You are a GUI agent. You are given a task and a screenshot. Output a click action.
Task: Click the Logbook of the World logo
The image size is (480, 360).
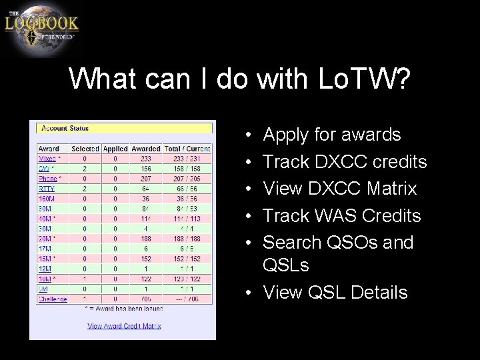click(x=41, y=28)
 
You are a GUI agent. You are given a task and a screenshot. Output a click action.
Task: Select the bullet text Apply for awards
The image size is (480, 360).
click(x=332, y=135)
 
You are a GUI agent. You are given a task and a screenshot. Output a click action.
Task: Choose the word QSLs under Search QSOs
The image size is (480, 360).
click(x=286, y=265)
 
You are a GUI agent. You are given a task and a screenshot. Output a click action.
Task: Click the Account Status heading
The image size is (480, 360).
click(x=65, y=128)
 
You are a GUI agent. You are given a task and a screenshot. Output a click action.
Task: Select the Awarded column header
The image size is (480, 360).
click(x=145, y=149)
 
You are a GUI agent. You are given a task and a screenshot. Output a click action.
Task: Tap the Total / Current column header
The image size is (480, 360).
click(x=187, y=149)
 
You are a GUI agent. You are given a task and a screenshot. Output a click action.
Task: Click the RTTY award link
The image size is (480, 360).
click(x=46, y=189)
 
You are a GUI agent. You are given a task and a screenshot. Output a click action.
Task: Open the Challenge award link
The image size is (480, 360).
click(x=53, y=299)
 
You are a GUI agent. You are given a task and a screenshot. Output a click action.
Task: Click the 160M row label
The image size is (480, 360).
click(x=47, y=199)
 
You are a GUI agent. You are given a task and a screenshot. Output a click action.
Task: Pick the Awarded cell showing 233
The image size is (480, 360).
click(x=145, y=159)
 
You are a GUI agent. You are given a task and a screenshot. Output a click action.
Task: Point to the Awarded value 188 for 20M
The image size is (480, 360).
click(x=145, y=239)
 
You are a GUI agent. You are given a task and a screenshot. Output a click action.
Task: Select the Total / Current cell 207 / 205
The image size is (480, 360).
click(x=187, y=179)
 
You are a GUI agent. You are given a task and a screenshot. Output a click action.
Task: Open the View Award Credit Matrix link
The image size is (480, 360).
click(x=124, y=326)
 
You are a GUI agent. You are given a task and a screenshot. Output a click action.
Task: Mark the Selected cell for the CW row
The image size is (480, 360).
click(x=85, y=169)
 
